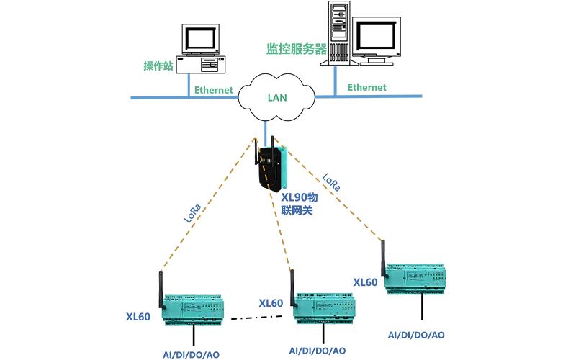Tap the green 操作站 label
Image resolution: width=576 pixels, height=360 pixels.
(158, 66)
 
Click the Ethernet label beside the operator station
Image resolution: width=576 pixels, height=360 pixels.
(214, 90)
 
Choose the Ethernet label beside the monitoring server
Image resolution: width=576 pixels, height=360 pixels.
(367, 87)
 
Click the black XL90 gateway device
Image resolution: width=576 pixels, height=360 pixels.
(271, 168)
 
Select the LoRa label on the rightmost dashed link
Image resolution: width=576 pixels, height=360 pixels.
(331, 181)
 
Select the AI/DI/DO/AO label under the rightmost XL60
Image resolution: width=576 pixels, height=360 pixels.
(416, 335)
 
